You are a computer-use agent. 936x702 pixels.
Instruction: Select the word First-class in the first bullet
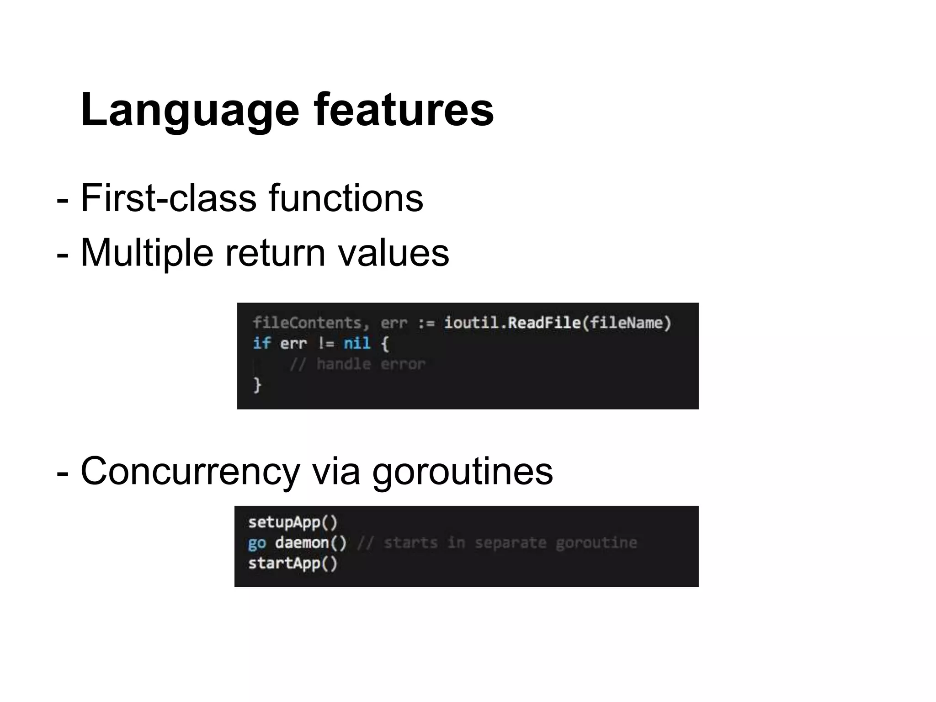pos(168,198)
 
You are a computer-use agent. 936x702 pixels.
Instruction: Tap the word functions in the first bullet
pos(346,198)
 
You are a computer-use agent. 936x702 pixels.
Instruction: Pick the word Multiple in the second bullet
pos(147,253)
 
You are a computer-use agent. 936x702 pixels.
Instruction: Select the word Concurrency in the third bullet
pos(190,471)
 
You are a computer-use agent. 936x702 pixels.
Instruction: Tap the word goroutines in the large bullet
pos(462,471)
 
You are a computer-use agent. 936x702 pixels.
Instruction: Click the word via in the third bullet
pos(336,471)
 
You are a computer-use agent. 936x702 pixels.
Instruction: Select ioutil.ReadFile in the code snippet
pos(512,323)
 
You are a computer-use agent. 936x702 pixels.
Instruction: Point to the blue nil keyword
pos(356,343)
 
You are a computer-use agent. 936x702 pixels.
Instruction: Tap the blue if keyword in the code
pos(261,343)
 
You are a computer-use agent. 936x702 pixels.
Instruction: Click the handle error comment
pos(357,364)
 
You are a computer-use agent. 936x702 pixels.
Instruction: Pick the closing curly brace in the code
pos(257,384)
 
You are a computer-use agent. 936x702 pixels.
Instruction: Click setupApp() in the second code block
pos(292,522)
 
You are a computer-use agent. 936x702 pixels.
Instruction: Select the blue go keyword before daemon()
pos(257,543)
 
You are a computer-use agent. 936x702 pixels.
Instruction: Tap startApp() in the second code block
pos(292,563)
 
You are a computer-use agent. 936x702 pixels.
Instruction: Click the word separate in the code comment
pos(510,543)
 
